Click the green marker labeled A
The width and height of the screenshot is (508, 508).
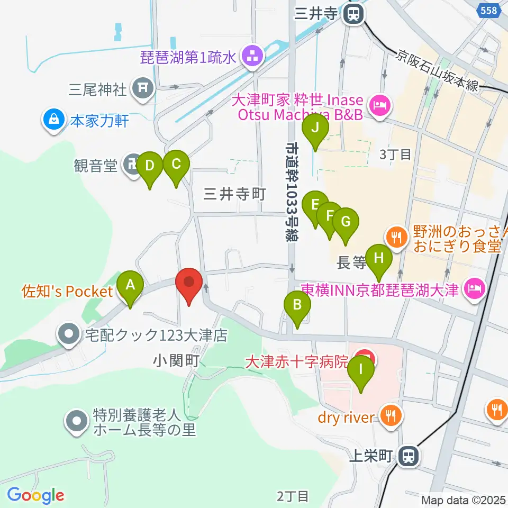(x=130, y=287)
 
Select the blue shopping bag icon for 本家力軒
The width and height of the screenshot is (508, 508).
(x=53, y=120)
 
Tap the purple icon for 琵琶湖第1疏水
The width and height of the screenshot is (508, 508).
(x=251, y=57)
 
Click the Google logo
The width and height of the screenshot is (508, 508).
(x=36, y=496)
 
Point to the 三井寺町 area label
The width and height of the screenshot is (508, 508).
(x=234, y=194)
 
